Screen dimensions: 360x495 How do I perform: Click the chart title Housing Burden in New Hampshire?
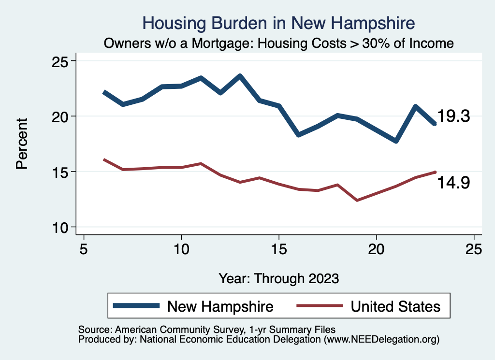(x=279, y=23)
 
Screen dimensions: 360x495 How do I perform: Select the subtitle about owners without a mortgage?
(x=279, y=43)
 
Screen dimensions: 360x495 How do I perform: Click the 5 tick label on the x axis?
(x=84, y=249)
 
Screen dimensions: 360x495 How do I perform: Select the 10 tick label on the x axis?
(x=181, y=249)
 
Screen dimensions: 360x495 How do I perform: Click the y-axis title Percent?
(x=21, y=144)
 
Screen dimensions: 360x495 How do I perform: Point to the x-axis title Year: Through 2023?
(x=279, y=278)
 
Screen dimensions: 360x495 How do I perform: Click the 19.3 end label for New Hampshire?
(x=453, y=116)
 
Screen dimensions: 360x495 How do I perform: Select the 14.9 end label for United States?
(x=453, y=183)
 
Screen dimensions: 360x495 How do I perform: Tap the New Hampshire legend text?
(x=220, y=306)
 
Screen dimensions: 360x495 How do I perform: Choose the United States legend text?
(x=395, y=306)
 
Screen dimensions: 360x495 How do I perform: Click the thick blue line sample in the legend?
(x=136, y=306)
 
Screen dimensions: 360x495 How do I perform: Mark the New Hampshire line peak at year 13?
(x=240, y=76)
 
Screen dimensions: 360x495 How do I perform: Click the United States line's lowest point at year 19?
(x=357, y=200)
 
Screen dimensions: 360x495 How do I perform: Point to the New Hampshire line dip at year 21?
(x=396, y=141)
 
